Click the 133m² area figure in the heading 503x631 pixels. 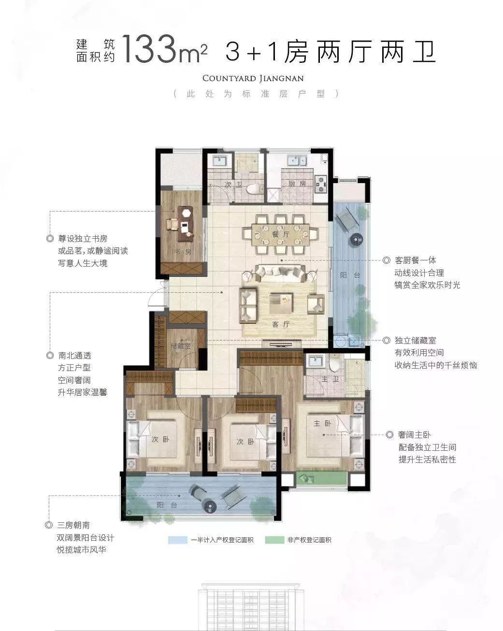(x=164, y=49)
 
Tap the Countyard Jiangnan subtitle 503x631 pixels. (x=253, y=79)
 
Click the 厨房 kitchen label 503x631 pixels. (x=297, y=184)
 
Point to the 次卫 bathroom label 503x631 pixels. (x=233, y=185)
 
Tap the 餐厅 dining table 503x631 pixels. (x=280, y=234)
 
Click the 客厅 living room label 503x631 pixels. (x=281, y=324)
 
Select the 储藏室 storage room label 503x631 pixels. (x=181, y=346)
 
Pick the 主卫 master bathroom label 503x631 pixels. (x=330, y=379)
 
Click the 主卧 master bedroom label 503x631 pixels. (x=322, y=423)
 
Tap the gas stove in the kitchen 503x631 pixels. (x=320, y=184)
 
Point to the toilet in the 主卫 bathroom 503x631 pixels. (x=334, y=364)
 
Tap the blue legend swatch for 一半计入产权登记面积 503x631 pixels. (x=177, y=540)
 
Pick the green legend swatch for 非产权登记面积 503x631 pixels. (x=274, y=540)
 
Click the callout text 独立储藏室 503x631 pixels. (x=416, y=341)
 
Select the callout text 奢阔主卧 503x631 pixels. (x=414, y=434)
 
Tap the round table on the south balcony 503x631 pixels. (x=210, y=505)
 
